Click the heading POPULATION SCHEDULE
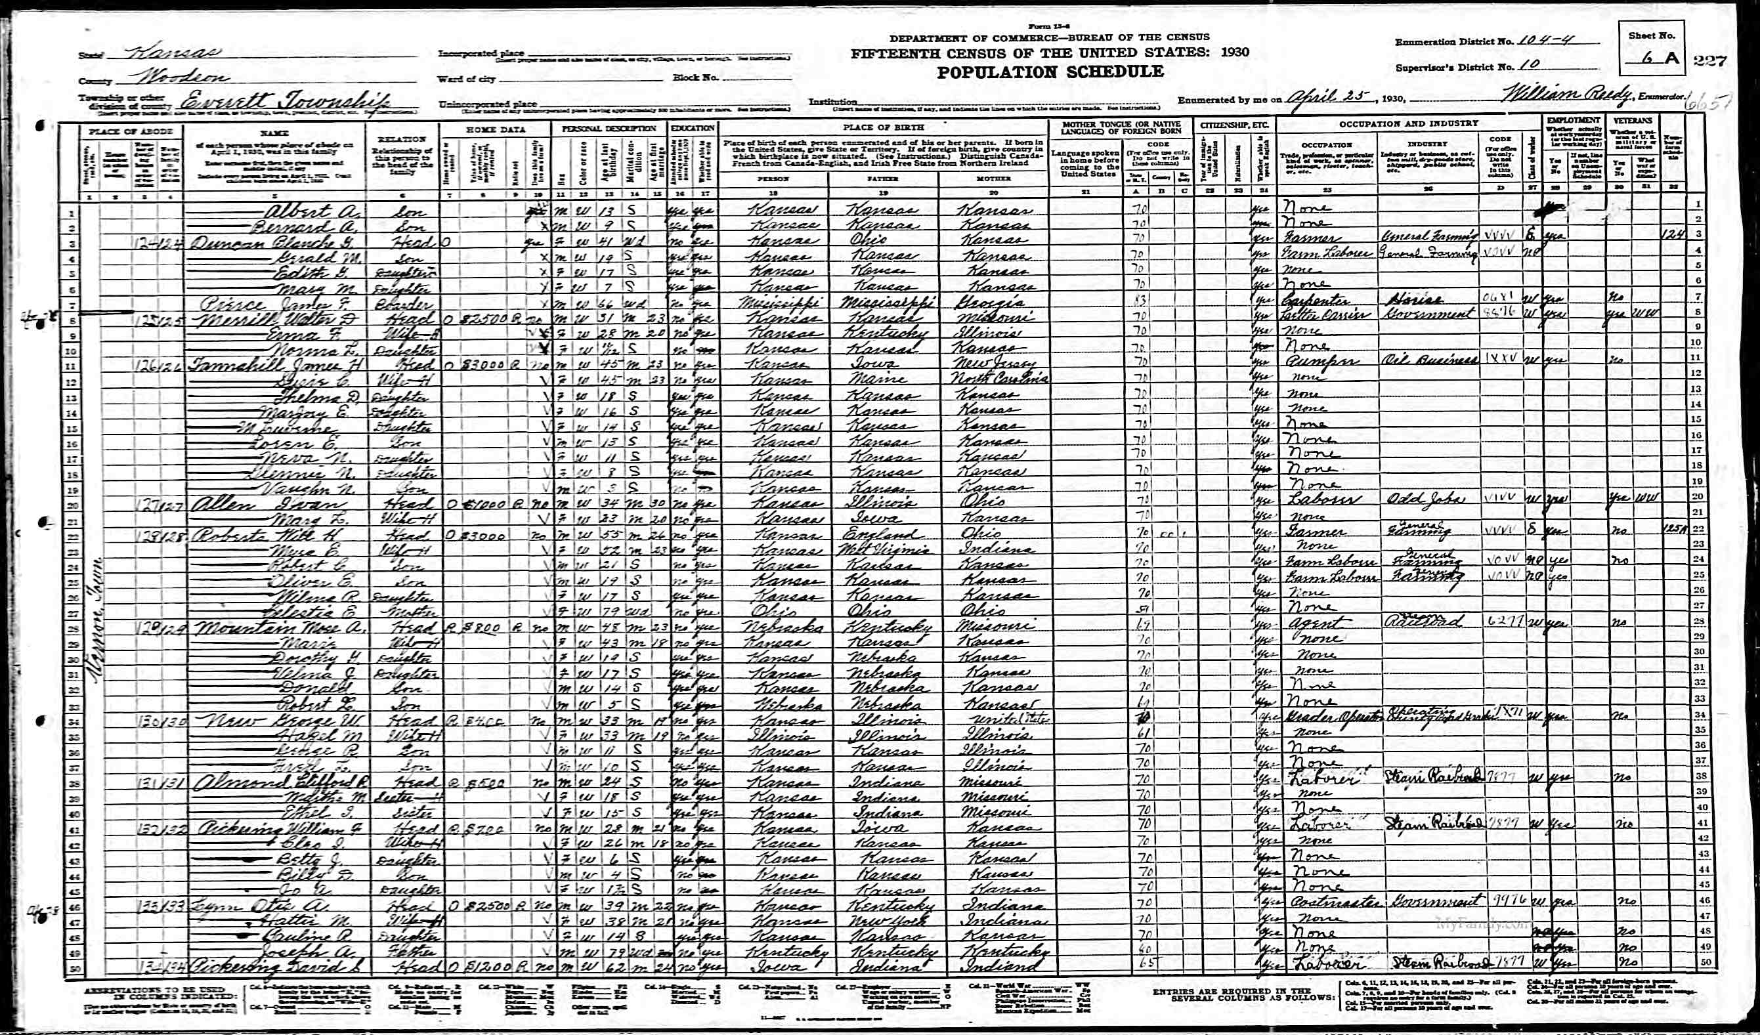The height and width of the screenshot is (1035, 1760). point(1050,72)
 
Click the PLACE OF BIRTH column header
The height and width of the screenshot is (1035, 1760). point(883,127)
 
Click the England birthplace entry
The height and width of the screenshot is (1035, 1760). point(878,532)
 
